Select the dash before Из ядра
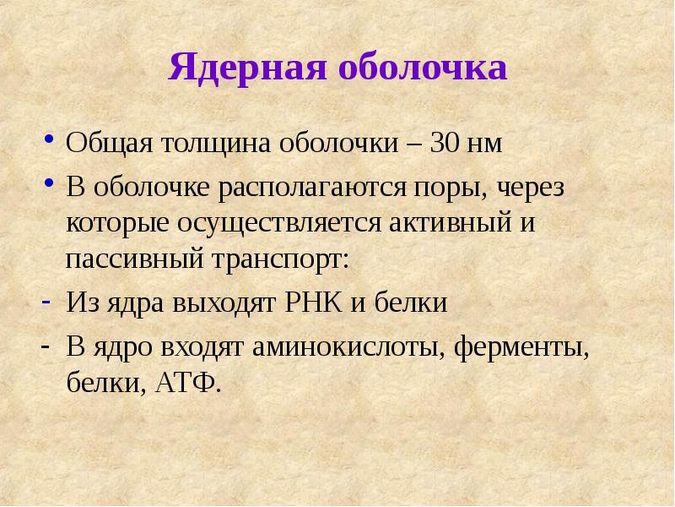[x=49, y=303]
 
